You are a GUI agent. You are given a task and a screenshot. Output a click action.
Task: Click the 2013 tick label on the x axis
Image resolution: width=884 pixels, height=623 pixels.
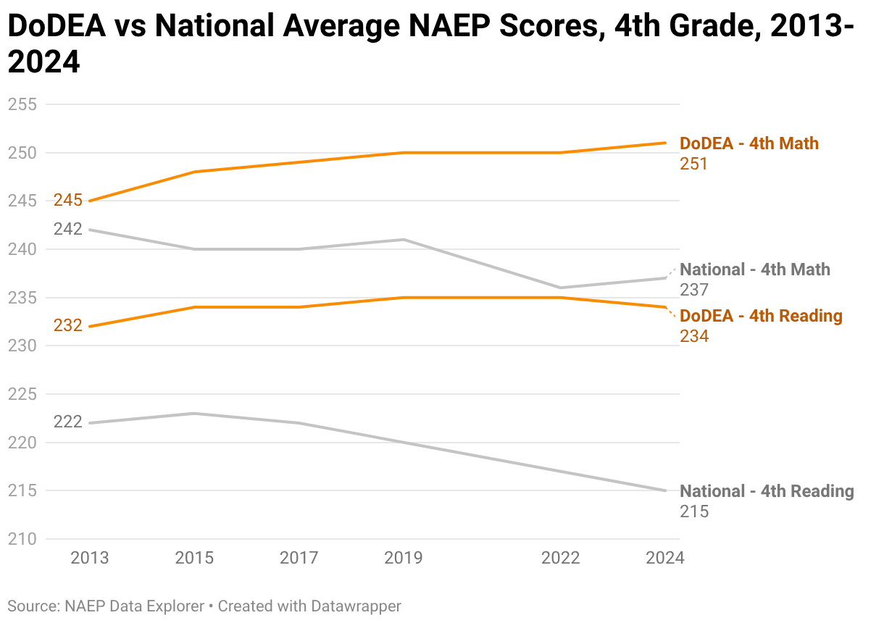click(89, 558)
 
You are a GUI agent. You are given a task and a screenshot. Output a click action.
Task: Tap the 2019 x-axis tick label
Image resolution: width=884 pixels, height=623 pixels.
click(404, 558)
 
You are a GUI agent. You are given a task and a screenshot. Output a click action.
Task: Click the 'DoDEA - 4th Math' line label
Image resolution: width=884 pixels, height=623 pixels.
click(749, 143)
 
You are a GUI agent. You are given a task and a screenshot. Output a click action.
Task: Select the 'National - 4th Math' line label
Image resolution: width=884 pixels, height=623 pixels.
click(755, 269)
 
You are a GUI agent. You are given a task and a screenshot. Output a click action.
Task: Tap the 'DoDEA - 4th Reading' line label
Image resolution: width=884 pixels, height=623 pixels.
click(761, 316)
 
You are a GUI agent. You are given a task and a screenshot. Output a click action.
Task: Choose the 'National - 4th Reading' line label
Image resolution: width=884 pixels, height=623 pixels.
click(767, 491)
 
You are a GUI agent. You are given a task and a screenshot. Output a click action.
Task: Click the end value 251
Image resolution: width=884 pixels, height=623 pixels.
click(693, 164)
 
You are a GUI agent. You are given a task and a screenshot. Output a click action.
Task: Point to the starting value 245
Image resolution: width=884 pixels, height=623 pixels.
click(68, 201)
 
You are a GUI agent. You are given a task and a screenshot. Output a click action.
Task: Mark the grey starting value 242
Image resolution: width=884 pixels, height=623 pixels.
click(68, 230)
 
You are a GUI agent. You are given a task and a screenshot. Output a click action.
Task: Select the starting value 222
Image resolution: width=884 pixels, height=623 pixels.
click(68, 422)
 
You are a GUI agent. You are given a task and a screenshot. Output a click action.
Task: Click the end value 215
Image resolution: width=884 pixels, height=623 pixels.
click(693, 511)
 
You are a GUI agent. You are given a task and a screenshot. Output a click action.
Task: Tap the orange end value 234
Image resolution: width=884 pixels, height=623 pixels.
click(693, 336)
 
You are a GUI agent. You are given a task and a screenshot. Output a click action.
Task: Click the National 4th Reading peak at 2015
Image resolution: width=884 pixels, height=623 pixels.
click(194, 414)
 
